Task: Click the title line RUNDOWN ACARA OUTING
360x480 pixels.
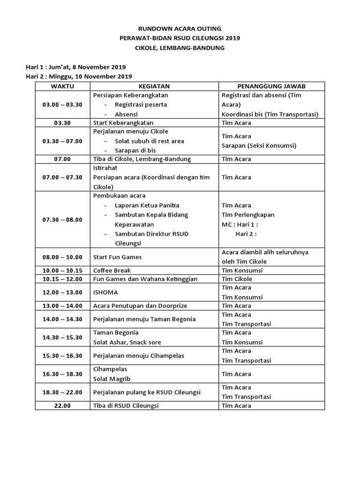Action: point(180,29)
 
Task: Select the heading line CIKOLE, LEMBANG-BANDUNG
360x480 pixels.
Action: point(180,48)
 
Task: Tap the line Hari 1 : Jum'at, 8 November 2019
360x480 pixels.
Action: point(75,67)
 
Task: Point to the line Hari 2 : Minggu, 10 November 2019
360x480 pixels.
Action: point(79,76)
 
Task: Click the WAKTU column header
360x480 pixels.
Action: point(62,86)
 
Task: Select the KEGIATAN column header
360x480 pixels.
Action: point(154,86)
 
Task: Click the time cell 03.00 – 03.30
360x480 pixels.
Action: point(62,105)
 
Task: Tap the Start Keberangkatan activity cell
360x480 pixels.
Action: point(123,123)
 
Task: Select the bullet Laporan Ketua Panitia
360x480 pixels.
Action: point(147,205)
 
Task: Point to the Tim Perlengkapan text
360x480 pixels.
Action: point(248,215)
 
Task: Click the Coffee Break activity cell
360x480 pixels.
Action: point(112,270)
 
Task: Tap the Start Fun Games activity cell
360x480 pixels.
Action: point(117,257)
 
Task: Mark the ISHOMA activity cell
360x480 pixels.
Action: point(105,292)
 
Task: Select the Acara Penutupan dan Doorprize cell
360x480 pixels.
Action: point(140,306)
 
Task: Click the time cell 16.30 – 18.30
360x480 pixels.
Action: point(62,374)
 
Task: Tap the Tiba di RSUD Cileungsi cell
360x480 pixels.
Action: point(126,405)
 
